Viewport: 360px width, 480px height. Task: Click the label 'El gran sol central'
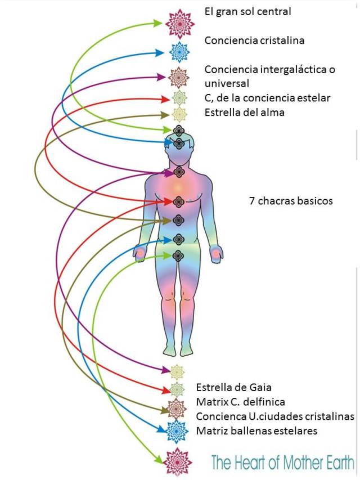247,11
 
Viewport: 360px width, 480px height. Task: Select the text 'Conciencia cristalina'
254,41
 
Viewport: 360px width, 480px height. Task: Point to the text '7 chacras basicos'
291,200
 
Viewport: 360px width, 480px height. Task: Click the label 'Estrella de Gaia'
233,387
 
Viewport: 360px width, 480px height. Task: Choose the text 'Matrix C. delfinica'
240,402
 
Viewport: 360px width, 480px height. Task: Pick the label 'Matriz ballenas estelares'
256,431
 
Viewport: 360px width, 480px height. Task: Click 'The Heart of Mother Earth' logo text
282,463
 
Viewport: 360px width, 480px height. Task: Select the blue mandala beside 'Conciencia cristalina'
179,52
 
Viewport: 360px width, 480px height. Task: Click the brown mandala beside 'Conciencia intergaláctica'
179,76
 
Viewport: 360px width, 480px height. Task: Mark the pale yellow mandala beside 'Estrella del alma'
179,114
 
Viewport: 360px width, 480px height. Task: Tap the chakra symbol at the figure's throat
179,171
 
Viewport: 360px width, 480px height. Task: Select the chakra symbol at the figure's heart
179,201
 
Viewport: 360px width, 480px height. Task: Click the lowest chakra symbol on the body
178,255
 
